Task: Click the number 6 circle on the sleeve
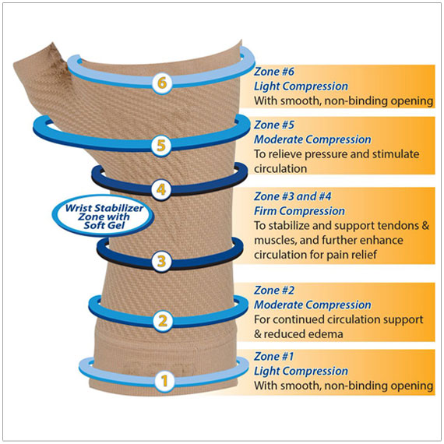pos(161,82)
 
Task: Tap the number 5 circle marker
pos(161,145)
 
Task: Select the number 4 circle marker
pos(161,189)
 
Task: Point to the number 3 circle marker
pos(161,261)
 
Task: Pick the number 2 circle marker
pos(163,319)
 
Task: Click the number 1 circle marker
pos(163,381)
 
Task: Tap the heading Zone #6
pos(275,72)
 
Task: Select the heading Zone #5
pos(275,125)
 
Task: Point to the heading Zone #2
pos(275,291)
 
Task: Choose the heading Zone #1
pos(275,357)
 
